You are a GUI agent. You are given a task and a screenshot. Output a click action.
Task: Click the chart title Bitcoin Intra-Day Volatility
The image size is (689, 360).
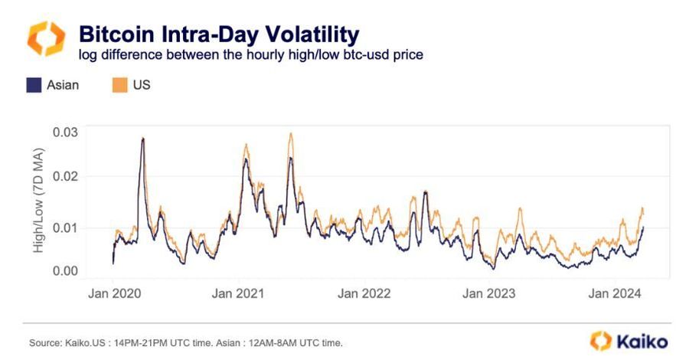(219, 34)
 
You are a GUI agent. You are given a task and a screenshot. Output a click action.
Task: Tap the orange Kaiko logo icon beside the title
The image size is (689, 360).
(46, 38)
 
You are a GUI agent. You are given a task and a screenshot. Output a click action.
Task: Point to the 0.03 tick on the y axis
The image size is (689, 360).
(65, 133)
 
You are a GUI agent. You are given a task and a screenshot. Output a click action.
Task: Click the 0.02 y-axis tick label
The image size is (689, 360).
(65, 177)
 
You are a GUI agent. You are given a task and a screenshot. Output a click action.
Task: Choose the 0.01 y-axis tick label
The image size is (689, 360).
(65, 227)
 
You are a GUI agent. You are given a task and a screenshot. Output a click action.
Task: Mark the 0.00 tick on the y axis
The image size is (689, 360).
(65, 271)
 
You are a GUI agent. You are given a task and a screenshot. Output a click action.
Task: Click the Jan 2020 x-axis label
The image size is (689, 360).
(113, 293)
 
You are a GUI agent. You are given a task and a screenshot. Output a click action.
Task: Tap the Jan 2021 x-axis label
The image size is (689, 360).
(237, 293)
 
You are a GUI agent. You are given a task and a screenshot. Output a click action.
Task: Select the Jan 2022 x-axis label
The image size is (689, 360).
(364, 293)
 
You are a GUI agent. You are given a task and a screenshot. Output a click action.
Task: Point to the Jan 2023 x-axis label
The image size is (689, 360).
(490, 293)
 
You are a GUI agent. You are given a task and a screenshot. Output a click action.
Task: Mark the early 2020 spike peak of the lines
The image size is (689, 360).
(143, 139)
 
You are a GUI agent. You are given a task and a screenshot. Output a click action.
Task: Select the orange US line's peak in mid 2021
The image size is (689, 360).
(291, 134)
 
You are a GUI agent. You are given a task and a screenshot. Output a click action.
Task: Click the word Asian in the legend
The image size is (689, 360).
(63, 85)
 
